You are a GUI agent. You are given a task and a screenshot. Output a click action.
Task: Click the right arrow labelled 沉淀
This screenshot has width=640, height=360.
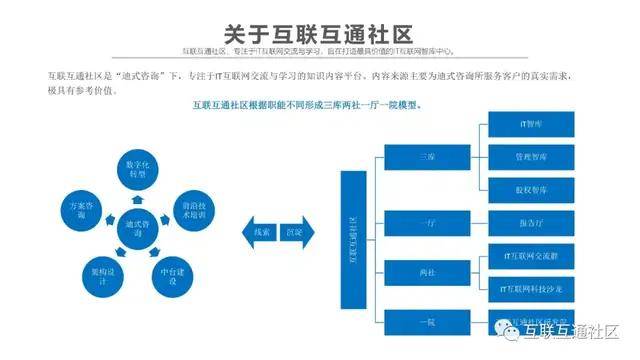[x=294, y=231]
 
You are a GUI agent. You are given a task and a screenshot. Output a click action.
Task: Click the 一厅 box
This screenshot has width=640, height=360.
[x=427, y=222]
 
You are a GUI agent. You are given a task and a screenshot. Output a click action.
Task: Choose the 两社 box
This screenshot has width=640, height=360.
[x=427, y=272]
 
